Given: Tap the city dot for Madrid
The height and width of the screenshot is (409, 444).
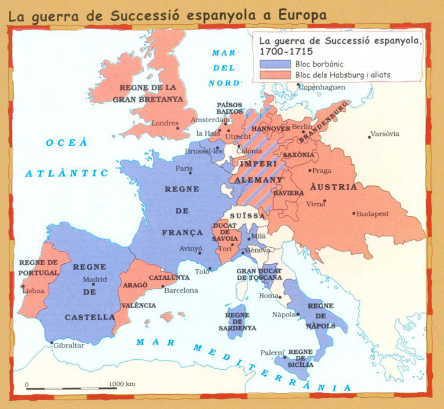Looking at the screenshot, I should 92,285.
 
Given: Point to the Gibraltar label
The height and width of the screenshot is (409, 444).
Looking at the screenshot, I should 69,345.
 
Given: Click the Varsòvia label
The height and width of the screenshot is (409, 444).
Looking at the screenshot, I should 385,133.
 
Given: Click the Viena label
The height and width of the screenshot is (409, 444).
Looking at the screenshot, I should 316,204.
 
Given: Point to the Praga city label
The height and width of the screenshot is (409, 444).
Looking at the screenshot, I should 322,171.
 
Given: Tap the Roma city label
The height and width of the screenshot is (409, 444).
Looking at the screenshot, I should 269,296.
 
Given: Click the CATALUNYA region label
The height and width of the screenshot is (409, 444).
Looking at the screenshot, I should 169,277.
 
